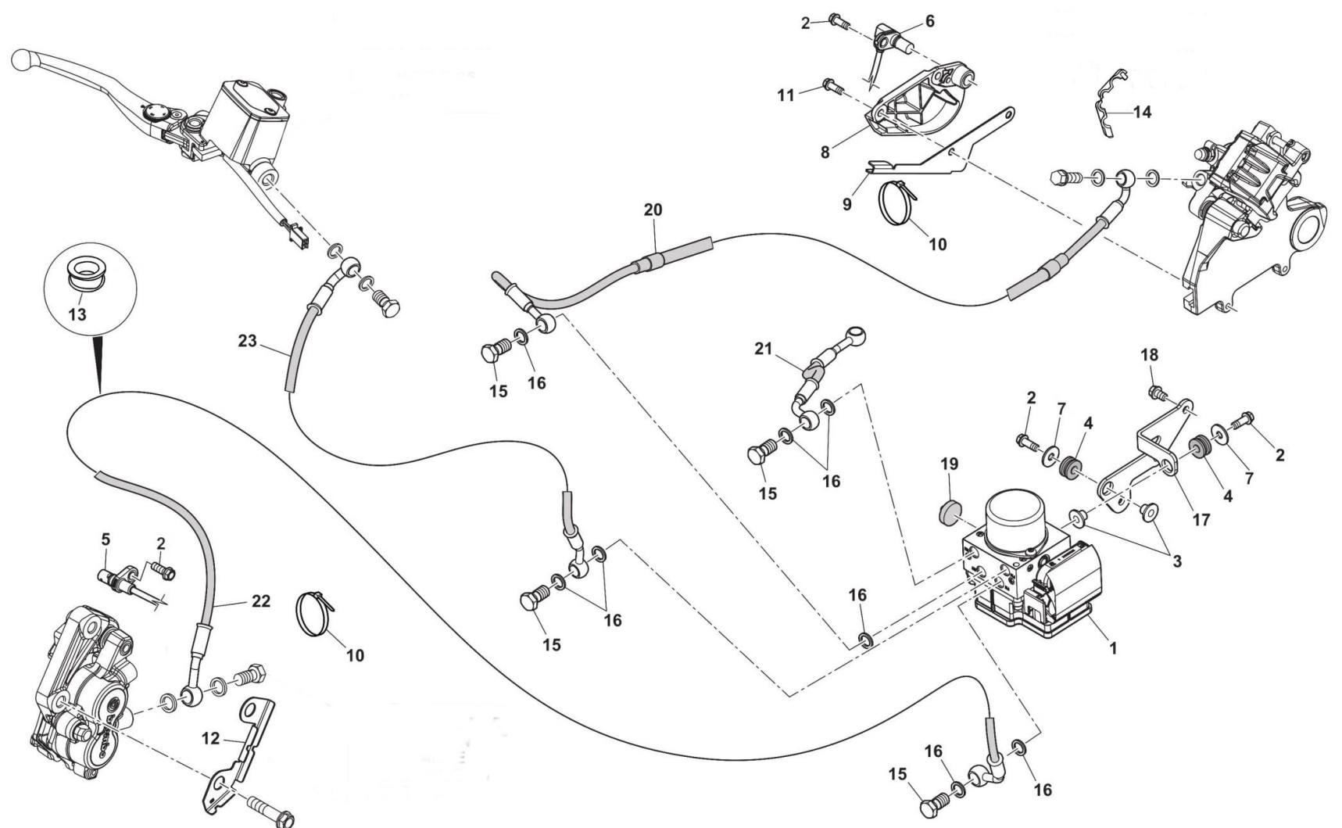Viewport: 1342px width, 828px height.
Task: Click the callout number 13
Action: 77,314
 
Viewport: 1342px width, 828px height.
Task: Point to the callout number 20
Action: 653,210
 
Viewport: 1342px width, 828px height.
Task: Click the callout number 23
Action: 247,342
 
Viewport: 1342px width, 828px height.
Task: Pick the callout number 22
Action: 260,600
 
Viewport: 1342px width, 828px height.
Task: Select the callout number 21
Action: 763,348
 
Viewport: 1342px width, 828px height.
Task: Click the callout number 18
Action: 1149,354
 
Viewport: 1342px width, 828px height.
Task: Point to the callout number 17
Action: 1201,518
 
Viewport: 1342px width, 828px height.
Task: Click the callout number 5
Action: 106,539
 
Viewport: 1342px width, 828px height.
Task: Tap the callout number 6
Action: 929,21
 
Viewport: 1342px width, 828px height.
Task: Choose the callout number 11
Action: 786,95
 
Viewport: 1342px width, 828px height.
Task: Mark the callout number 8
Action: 825,152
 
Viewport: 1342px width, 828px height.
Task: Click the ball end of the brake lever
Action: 23,58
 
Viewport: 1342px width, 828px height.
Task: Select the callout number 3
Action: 1176,560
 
